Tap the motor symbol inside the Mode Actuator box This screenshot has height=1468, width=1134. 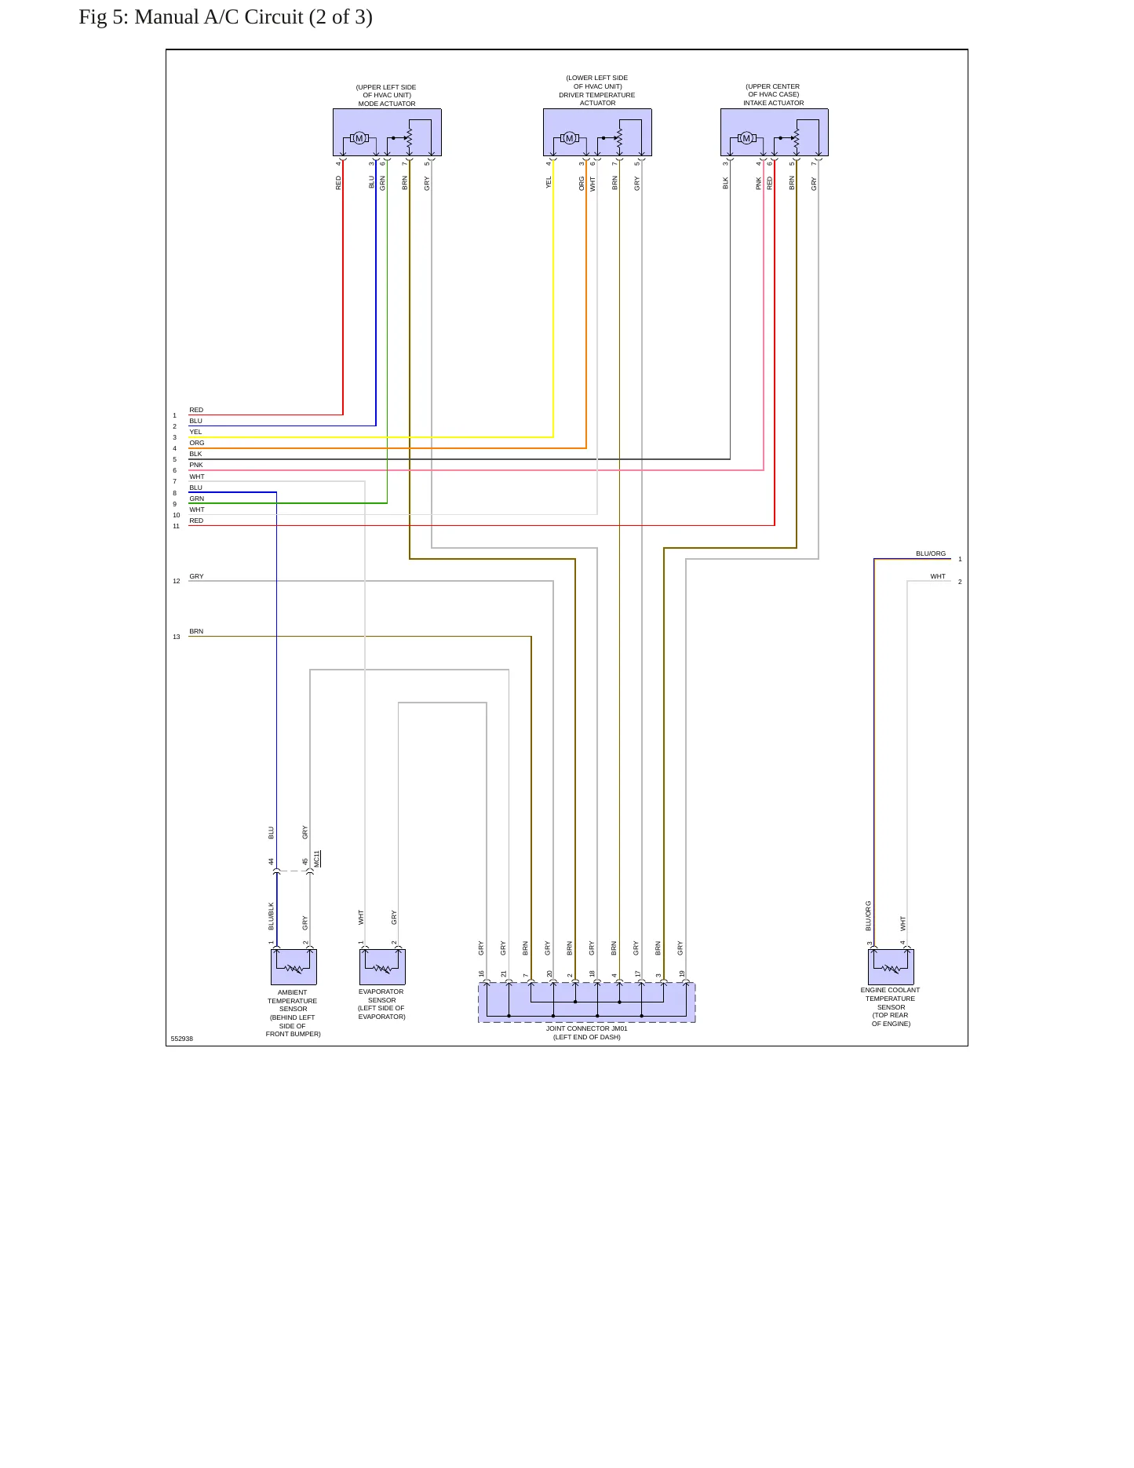(359, 138)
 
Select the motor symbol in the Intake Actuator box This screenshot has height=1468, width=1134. (746, 138)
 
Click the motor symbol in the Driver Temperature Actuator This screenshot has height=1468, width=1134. (570, 138)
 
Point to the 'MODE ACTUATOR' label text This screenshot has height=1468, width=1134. (387, 104)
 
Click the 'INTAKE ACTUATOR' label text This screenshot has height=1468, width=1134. (774, 103)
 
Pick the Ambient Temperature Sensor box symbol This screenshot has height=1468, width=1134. (294, 966)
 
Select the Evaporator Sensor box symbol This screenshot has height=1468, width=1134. (382, 966)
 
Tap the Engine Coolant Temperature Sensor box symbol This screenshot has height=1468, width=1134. (891, 966)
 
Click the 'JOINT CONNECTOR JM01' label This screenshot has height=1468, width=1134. (587, 1028)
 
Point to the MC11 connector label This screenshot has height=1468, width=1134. (317, 859)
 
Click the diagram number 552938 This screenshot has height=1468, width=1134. (182, 1039)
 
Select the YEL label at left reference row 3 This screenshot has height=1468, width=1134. (195, 432)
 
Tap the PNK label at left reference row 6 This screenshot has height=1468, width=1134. (196, 465)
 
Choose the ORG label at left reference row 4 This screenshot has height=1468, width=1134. (197, 443)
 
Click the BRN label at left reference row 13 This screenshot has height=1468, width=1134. (196, 631)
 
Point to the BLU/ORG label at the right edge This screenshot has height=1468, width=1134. (931, 553)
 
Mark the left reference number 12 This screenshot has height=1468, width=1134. (177, 581)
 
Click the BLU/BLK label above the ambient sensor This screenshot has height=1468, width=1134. (272, 916)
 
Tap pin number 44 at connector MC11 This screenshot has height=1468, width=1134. (272, 861)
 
